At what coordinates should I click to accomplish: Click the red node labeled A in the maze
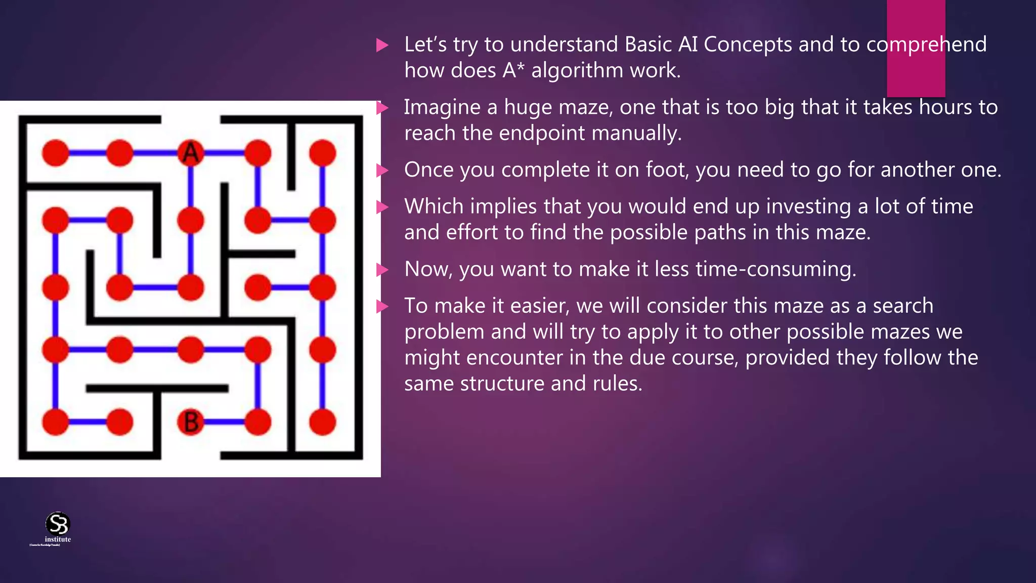pos(191,153)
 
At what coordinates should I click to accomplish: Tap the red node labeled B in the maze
pos(191,422)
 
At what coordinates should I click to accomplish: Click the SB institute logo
pos(58,526)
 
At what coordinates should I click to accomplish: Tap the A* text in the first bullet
pos(513,70)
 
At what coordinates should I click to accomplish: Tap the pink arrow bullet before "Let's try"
pos(382,46)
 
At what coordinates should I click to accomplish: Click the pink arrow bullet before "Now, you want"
pos(382,270)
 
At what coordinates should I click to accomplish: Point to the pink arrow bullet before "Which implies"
pos(382,207)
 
